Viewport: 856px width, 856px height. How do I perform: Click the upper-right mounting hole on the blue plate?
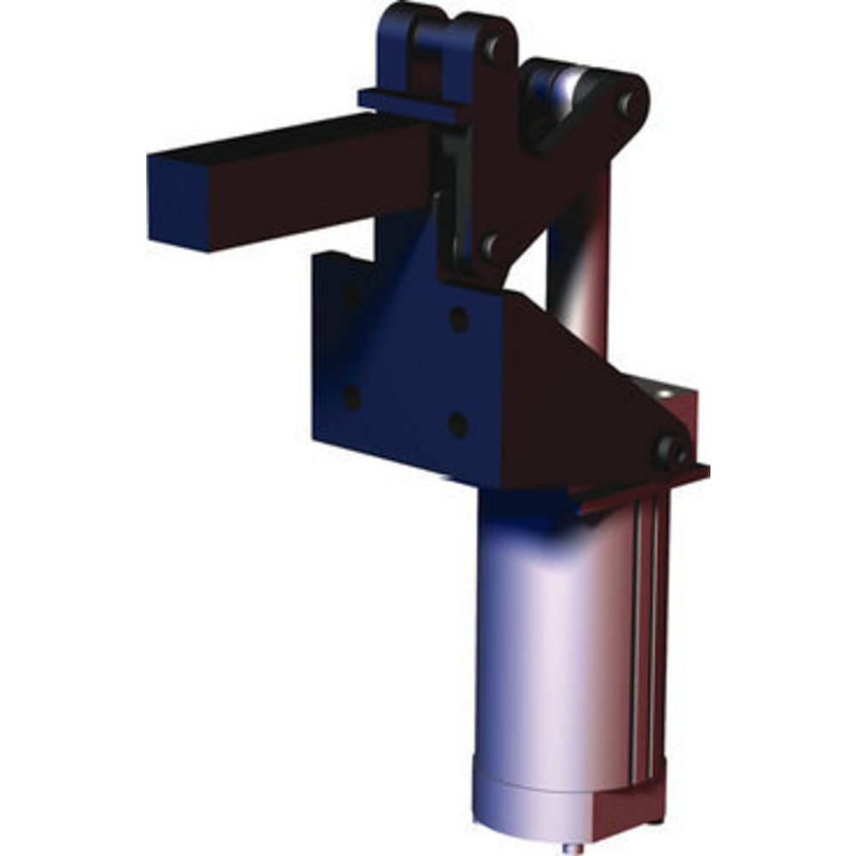[x=459, y=320]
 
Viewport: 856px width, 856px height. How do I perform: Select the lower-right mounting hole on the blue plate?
[x=458, y=423]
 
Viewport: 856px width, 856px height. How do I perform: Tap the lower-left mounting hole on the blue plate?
[x=351, y=397]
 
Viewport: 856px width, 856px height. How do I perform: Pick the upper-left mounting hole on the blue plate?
[x=351, y=297]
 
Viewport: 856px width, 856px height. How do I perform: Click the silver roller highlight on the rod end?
[x=562, y=86]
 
